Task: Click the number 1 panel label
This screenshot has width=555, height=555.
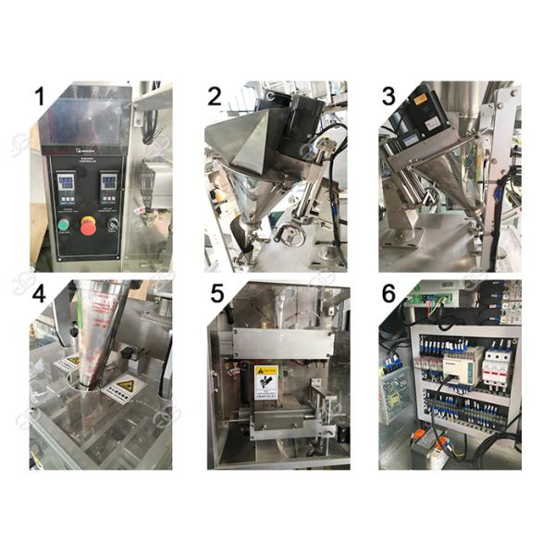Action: click(x=39, y=96)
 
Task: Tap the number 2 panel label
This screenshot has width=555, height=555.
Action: click(x=215, y=96)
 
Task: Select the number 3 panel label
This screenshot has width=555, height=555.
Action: click(x=390, y=96)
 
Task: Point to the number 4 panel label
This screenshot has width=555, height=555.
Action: click(x=39, y=295)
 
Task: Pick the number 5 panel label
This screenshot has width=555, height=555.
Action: click(x=216, y=295)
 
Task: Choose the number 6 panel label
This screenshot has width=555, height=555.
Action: click(x=389, y=295)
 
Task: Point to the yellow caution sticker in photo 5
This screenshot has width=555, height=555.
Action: click(x=265, y=377)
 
